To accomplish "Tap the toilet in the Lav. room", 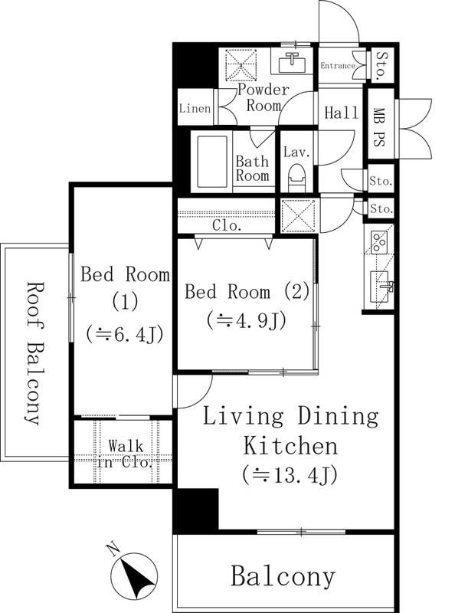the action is (x=297, y=178).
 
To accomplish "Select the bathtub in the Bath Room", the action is (x=212, y=162).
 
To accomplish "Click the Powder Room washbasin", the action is (x=292, y=61).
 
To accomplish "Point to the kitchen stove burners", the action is (x=378, y=242).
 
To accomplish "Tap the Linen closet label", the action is (x=195, y=108).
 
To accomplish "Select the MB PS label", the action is (x=378, y=127).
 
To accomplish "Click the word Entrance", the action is (x=338, y=66).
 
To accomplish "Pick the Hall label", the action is (x=342, y=113).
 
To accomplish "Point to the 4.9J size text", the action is (x=246, y=320).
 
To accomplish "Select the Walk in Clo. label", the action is (x=124, y=454).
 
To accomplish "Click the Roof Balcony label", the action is (x=34, y=353).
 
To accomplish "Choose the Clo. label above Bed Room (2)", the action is (x=227, y=225).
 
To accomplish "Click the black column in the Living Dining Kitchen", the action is (x=195, y=510).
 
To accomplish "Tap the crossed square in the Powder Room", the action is (x=241, y=64).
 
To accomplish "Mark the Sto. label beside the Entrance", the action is (x=381, y=65).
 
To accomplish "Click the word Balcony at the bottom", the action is (x=283, y=577).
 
